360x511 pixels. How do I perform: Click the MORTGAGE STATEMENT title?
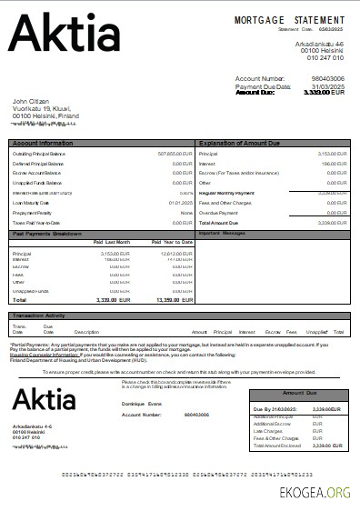pos(290,19)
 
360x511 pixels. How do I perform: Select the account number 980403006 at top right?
pos(327,79)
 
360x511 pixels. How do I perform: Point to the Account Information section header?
pos(43,144)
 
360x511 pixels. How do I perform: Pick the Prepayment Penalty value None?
pos(186,212)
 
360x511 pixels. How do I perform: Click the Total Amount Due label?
pos(217,222)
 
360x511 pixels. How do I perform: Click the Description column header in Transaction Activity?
pos(86,332)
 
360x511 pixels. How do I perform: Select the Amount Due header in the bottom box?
pos(300,394)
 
